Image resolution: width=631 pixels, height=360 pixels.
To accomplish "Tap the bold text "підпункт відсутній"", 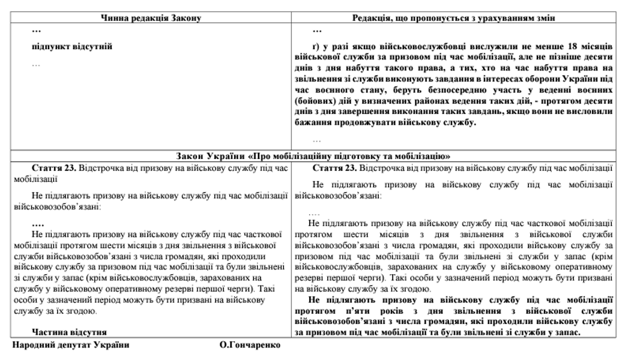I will [72, 46].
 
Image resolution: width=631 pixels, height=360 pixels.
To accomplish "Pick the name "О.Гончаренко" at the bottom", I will [250, 347].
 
